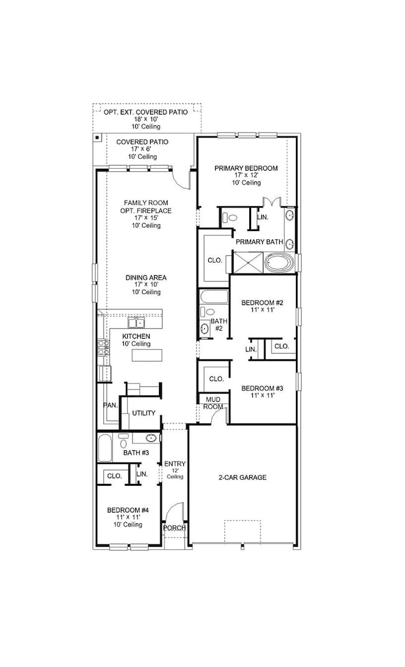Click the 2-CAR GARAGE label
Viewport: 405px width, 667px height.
(242, 478)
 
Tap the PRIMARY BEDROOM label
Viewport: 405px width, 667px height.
(246, 168)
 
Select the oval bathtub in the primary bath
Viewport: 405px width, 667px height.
(280, 262)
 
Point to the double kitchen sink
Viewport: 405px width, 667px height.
(136, 323)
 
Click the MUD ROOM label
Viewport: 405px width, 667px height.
(213, 403)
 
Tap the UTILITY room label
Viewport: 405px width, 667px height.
(143, 413)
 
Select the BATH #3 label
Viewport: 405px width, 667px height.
(135, 452)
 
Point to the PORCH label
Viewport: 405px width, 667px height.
(174, 528)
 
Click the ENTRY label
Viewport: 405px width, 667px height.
(174, 463)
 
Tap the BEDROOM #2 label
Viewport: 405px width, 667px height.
(262, 303)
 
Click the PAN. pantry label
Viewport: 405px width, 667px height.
(110, 405)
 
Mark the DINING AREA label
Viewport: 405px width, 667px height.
(146, 278)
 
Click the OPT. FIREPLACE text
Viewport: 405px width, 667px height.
(146, 211)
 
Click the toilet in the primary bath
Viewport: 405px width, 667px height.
(231, 218)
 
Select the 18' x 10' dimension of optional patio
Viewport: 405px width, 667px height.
(146, 120)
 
